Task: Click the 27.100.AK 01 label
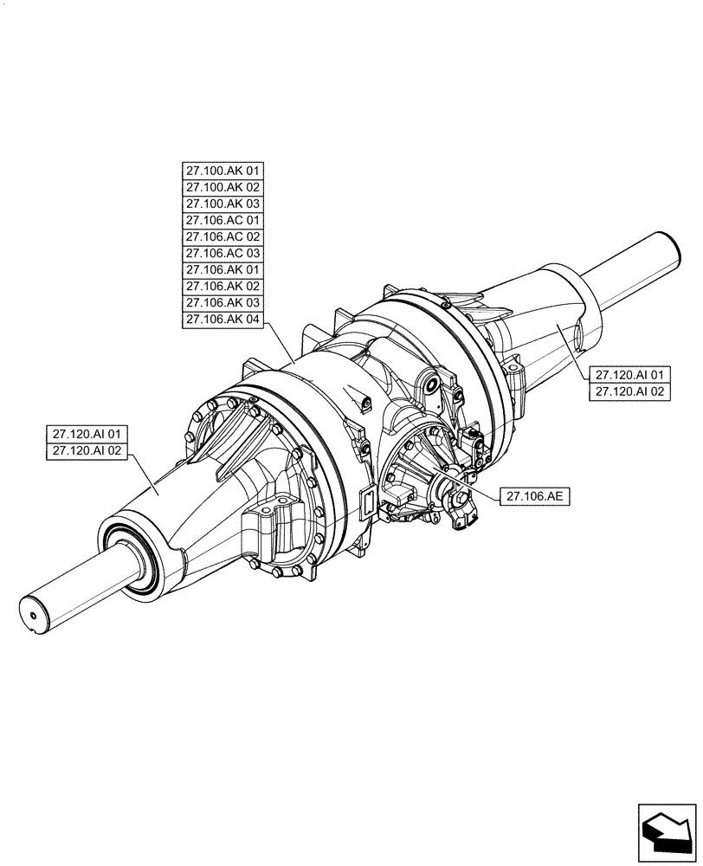(x=222, y=170)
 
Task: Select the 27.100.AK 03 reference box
(x=222, y=204)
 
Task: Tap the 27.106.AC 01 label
(x=222, y=220)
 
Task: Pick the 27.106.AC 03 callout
(x=222, y=254)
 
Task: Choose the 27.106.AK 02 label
(x=222, y=287)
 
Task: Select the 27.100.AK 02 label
(x=222, y=186)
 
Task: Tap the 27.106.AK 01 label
(x=222, y=270)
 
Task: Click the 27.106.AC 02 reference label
(x=222, y=236)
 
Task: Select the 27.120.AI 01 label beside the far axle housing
(x=629, y=375)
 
